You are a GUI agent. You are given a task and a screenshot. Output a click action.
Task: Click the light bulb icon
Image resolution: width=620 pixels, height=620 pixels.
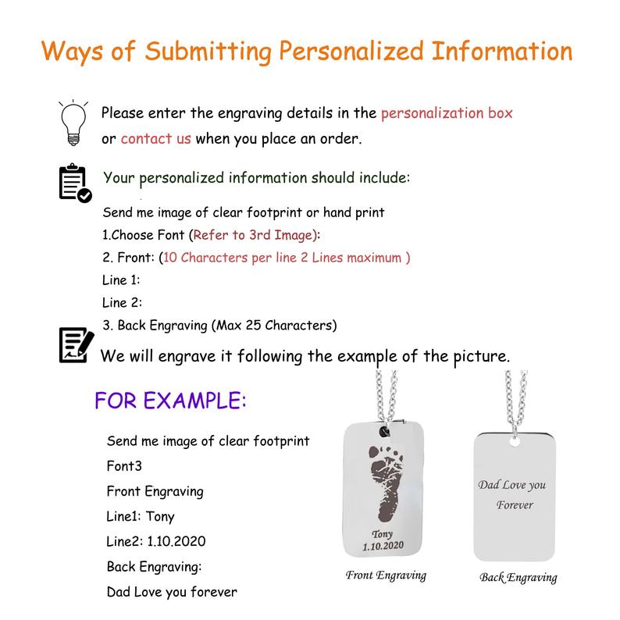pos(72,122)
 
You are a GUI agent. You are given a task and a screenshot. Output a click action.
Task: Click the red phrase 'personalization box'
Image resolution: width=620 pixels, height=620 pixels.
pos(447,112)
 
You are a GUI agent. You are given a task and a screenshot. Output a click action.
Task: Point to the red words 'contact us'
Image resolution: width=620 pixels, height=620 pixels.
pos(156,139)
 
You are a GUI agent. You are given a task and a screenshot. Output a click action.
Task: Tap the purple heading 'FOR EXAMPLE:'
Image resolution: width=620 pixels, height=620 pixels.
pos(170,401)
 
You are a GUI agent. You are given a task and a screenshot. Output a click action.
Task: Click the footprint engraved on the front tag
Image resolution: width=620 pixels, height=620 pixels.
pos(387,484)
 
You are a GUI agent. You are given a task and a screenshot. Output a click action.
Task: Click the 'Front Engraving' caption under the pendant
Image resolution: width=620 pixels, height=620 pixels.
pos(386,575)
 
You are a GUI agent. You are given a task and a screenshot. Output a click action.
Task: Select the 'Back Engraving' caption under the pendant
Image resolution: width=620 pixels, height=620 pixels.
pos(518,578)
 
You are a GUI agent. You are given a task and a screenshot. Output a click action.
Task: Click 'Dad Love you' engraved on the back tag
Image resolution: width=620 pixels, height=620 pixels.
pos(511,485)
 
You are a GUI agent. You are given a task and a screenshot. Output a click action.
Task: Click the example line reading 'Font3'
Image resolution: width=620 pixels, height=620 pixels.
pos(126,466)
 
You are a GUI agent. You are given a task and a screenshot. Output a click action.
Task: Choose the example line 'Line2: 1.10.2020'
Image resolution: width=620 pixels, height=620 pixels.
pos(157,541)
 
